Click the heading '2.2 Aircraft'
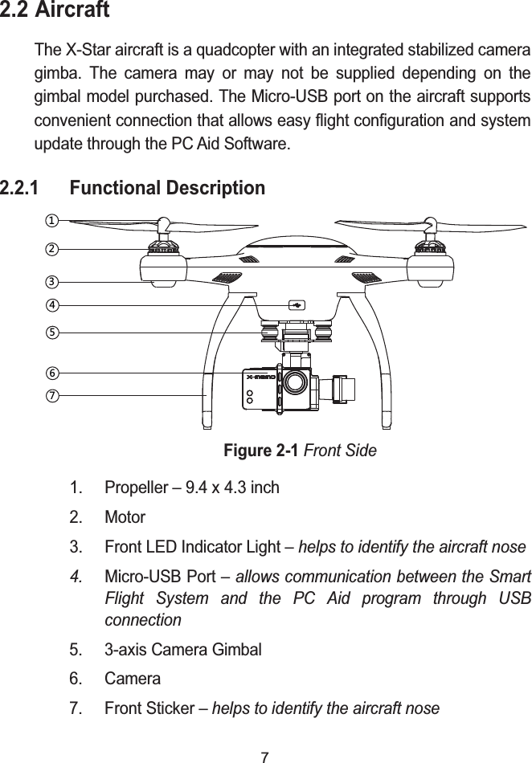55,13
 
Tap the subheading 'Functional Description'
167,189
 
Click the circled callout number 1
51,219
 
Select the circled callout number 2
51,249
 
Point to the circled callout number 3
51,282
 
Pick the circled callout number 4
51,305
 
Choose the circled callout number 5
51,331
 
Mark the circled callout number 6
51,373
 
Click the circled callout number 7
51,395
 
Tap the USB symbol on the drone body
297,305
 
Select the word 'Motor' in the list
125,517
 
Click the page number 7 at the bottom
266,754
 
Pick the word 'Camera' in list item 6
133,679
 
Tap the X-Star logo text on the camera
261,376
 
